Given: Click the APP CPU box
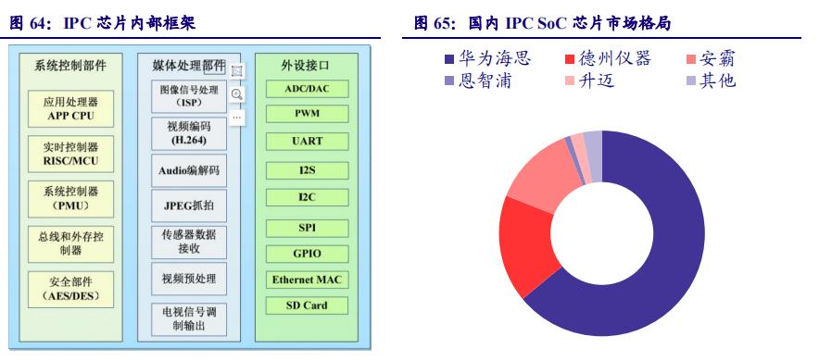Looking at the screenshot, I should tap(70, 109).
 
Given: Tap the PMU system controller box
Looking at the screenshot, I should tap(70, 197).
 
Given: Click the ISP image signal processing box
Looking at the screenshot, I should tap(188, 96).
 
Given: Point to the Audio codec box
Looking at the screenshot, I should tap(188, 171).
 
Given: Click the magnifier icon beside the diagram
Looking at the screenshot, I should tap(237, 93).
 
